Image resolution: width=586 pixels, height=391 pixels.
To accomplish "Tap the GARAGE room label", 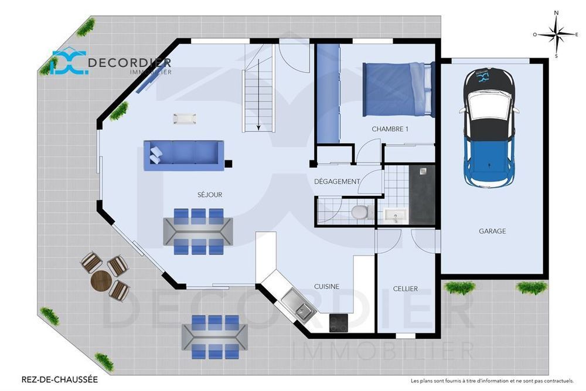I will [492, 231].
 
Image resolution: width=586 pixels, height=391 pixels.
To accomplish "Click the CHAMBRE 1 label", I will [390, 129].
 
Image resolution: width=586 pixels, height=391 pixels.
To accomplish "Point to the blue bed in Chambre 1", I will [398, 90].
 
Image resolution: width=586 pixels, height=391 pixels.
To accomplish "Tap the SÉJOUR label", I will [210, 195].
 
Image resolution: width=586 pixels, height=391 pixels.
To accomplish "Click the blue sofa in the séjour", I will [184, 155].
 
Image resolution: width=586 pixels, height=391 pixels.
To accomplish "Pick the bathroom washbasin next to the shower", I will [396, 216].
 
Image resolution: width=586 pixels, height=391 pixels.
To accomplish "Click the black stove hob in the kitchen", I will [338, 322].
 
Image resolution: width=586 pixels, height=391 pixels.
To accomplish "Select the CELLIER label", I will [405, 288].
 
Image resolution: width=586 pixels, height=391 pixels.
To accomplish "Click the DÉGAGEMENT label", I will [337, 182].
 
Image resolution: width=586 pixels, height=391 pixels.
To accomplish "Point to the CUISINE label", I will [326, 287].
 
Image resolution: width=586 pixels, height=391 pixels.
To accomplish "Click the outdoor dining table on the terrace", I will [214, 337].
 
